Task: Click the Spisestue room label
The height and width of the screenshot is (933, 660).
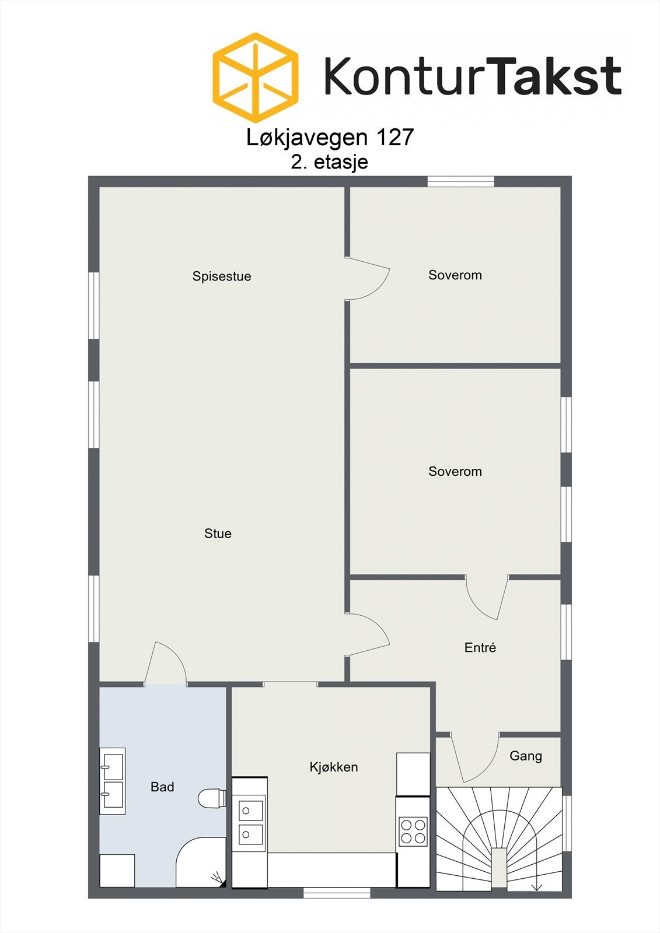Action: tap(222, 276)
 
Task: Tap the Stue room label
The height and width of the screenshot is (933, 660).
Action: tap(218, 534)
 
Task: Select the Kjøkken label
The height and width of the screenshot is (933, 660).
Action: tap(334, 767)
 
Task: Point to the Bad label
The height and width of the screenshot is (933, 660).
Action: tap(162, 787)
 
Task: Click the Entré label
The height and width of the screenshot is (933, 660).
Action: tap(480, 647)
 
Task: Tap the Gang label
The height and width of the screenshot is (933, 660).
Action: tap(526, 756)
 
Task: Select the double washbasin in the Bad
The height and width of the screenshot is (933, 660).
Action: tap(112, 781)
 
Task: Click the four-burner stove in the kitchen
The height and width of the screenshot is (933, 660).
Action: tap(413, 832)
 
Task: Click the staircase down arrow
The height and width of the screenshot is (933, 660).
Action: tap(537, 886)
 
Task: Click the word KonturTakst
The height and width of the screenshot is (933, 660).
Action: tap(473, 76)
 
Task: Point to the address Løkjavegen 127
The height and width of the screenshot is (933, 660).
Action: tap(330, 138)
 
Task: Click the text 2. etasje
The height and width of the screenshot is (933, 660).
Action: tap(330, 162)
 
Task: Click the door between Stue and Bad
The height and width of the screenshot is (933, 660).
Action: tap(166, 665)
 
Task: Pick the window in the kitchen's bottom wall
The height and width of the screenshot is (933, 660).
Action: tap(337, 892)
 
